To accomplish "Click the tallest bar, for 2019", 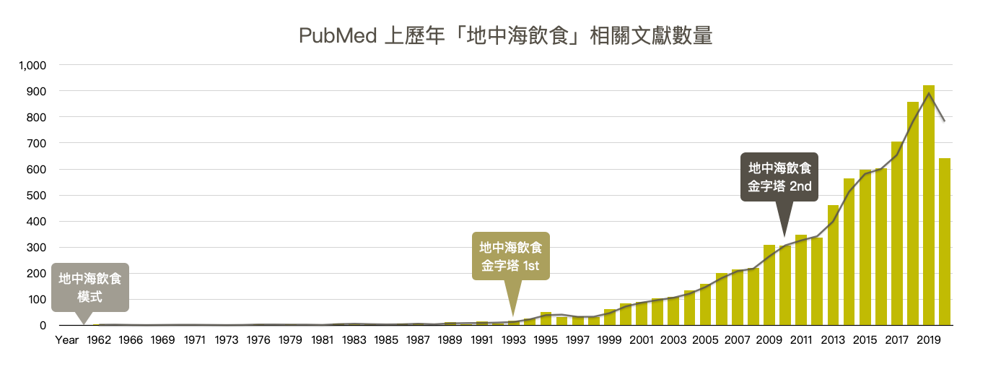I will click(928, 205).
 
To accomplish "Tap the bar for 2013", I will click(833, 265).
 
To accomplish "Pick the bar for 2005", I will click(705, 304).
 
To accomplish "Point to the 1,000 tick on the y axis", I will click(33, 65).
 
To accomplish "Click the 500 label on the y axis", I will click(36, 195).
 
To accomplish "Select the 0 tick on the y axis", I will click(43, 326).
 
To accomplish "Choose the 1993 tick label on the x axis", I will click(513, 339).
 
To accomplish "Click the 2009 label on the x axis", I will click(769, 339).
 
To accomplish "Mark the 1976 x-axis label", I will click(258, 339).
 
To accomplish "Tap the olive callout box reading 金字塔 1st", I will click(510, 256).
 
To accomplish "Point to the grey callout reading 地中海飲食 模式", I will click(90, 287).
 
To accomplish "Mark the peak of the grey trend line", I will click(928, 93).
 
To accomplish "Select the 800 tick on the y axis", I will click(36, 117).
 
